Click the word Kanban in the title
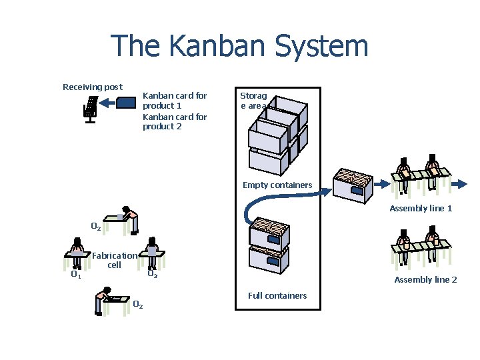(211, 47)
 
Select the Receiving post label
(92, 87)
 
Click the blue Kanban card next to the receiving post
(126, 103)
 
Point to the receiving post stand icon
(90, 109)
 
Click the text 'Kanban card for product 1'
(175, 101)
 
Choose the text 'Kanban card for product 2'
(175, 121)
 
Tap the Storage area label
(254, 101)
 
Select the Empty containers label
(277, 185)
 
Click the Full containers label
(277, 295)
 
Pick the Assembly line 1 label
(421, 209)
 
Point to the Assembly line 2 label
(425, 280)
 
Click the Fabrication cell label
(115, 260)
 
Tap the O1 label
(76, 274)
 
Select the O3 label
(152, 274)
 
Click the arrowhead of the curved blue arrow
(326, 191)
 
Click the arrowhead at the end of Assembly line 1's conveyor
(462, 181)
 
